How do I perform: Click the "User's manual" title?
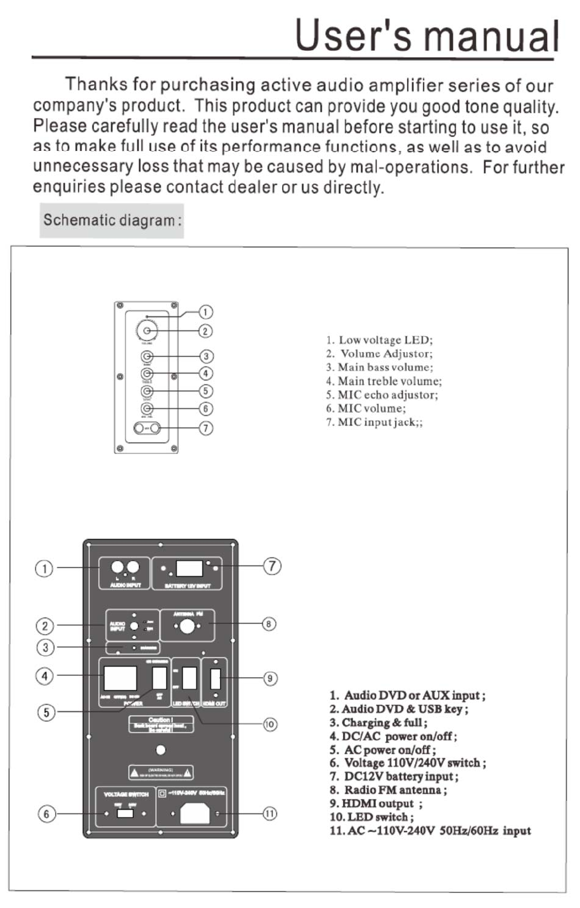427,36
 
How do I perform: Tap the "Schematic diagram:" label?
112,221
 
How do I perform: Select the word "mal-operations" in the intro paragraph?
418,167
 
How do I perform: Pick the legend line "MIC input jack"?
374,422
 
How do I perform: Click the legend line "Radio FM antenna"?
388,790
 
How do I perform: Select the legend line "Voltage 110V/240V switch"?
408,763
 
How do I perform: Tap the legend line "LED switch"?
371,817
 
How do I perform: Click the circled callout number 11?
269,814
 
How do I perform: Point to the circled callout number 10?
269,724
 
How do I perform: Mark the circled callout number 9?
269,678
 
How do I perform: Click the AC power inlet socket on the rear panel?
195,814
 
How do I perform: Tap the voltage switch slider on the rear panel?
126,812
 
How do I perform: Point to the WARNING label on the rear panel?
161,772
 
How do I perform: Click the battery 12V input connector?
189,568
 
